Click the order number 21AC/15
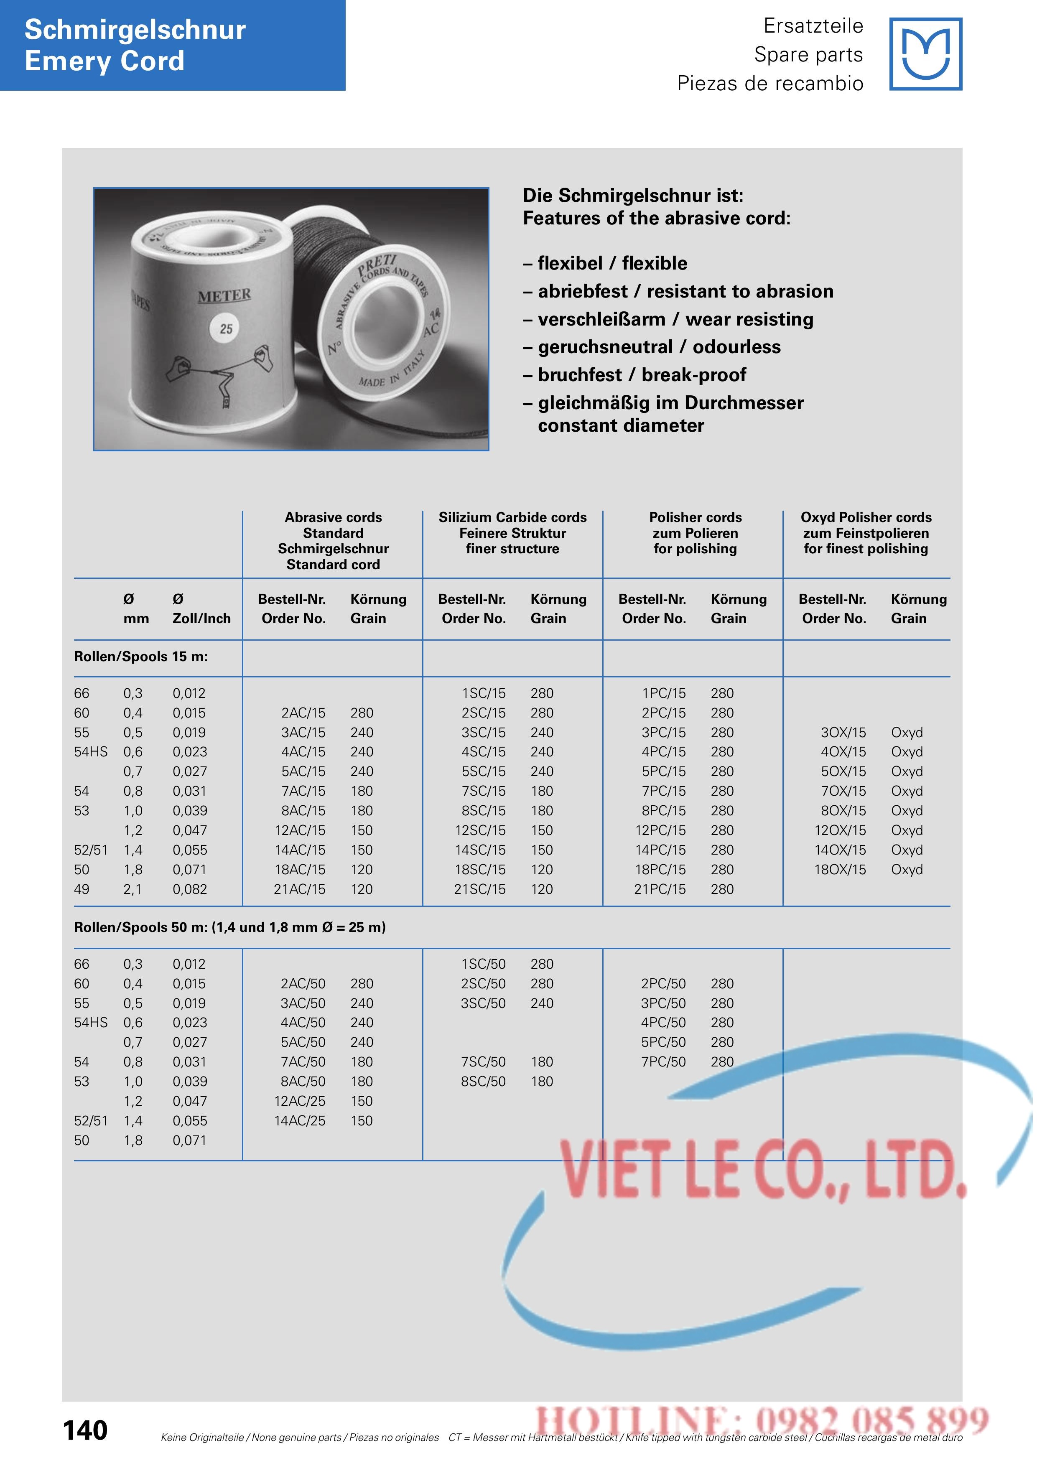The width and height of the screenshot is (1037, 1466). pyautogui.click(x=299, y=889)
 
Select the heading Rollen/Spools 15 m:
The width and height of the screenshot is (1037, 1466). pyautogui.click(x=140, y=657)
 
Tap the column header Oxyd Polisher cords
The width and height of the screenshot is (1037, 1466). pyautogui.click(x=866, y=517)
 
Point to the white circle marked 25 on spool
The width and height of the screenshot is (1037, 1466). pyautogui.click(x=226, y=329)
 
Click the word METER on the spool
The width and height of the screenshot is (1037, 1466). pyautogui.click(x=224, y=295)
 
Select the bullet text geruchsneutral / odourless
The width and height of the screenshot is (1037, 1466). pyautogui.click(x=659, y=347)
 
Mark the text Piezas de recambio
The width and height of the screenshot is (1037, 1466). pyautogui.click(x=769, y=83)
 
